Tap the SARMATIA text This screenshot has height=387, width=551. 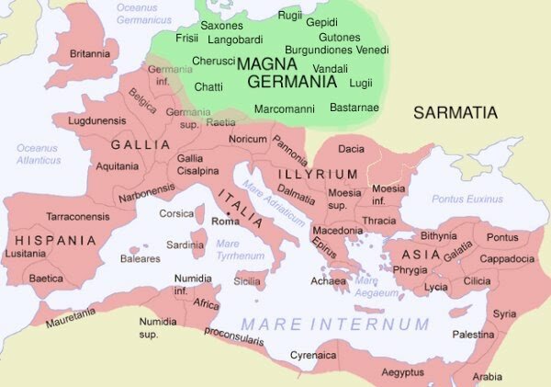pos(455,113)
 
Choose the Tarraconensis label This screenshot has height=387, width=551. pos(78,216)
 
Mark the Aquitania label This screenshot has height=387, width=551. pos(118,165)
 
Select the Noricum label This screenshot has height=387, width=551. pos(247,138)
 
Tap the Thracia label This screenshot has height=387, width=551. pos(378,221)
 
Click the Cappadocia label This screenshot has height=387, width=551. pos(506,258)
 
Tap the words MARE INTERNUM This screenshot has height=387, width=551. pos(334,324)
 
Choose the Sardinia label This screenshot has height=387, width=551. pos(185,245)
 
